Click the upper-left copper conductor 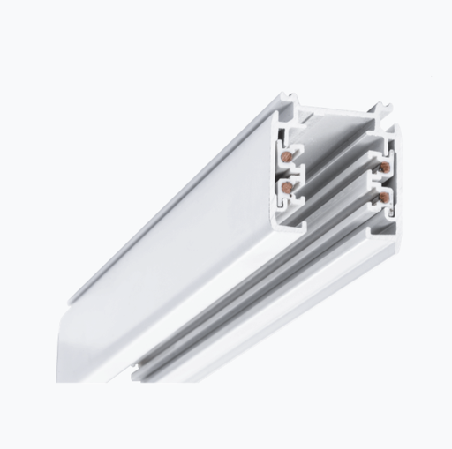(288, 155)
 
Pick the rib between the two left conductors (291, 171)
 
